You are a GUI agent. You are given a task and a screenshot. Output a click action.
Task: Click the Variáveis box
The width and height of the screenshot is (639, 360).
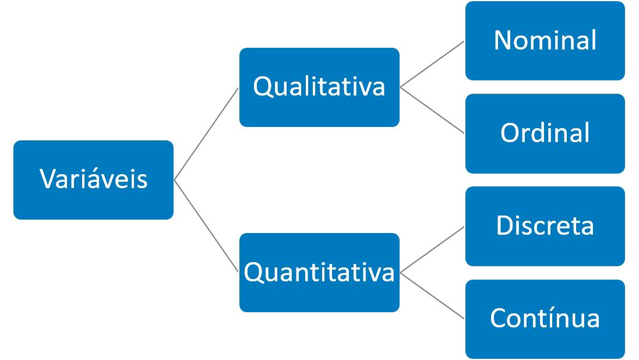[93, 179]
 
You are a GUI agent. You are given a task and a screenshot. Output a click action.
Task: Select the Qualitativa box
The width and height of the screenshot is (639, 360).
[319, 87]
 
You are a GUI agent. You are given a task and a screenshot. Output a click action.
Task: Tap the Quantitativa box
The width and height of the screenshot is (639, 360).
[319, 272]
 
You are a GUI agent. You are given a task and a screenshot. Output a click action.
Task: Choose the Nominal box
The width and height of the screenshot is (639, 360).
[545, 41]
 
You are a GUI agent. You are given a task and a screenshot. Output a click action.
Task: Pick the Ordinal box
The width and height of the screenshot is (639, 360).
[545, 133]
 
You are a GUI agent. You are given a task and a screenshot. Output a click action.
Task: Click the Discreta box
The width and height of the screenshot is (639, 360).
[545, 226]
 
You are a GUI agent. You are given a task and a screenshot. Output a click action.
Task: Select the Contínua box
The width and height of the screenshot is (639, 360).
[545, 319]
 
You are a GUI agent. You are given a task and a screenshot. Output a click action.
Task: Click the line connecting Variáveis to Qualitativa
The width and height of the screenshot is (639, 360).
[207, 133]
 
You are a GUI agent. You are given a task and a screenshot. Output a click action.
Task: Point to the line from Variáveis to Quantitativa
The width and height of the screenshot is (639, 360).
[207, 226]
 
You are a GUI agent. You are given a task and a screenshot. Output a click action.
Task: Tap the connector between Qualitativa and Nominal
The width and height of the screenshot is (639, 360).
[432, 64]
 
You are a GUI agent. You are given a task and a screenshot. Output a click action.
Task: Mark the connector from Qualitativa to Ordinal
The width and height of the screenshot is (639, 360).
[432, 111]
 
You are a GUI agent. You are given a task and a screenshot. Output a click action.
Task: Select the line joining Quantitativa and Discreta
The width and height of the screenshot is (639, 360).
[432, 249]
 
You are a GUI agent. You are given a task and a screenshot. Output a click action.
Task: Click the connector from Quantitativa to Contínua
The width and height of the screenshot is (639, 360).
[432, 295]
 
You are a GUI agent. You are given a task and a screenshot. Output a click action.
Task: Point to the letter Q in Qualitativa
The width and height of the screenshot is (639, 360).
[263, 87]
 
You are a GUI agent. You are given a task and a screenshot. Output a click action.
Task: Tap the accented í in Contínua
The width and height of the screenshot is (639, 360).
[549, 318]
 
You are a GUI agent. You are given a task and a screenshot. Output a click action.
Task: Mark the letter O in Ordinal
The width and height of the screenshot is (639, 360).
[510, 133]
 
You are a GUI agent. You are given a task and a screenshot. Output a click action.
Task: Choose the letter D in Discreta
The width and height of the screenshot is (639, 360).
[504, 226]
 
